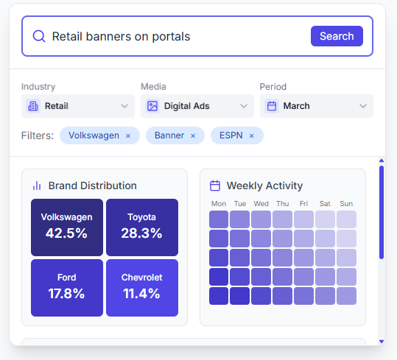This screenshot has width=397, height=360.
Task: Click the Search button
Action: (x=337, y=36)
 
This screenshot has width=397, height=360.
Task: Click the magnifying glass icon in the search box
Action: (x=39, y=37)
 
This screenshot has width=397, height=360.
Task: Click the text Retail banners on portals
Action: (x=121, y=37)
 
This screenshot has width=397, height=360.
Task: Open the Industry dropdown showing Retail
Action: (x=77, y=106)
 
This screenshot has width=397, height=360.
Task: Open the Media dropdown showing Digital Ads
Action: (x=197, y=106)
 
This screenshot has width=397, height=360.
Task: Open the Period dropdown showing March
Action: (x=316, y=106)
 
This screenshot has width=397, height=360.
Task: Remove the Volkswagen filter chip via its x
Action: (x=128, y=136)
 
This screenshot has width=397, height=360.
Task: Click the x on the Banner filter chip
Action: (x=193, y=136)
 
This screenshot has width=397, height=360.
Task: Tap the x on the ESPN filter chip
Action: (x=251, y=136)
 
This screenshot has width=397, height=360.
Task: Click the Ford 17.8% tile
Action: (x=67, y=286)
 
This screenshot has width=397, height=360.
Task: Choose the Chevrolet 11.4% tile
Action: (x=141, y=286)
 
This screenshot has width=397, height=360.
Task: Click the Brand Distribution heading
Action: (x=92, y=186)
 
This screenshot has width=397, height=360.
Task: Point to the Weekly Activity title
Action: (x=264, y=186)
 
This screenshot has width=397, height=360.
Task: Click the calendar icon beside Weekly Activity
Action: (x=215, y=186)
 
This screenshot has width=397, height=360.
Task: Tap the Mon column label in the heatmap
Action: (x=219, y=204)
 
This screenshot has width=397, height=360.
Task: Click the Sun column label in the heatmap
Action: (x=346, y=204)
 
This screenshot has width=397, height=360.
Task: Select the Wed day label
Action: (x=261, y=204)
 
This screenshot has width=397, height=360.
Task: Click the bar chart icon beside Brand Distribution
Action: (x=37, y=186)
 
